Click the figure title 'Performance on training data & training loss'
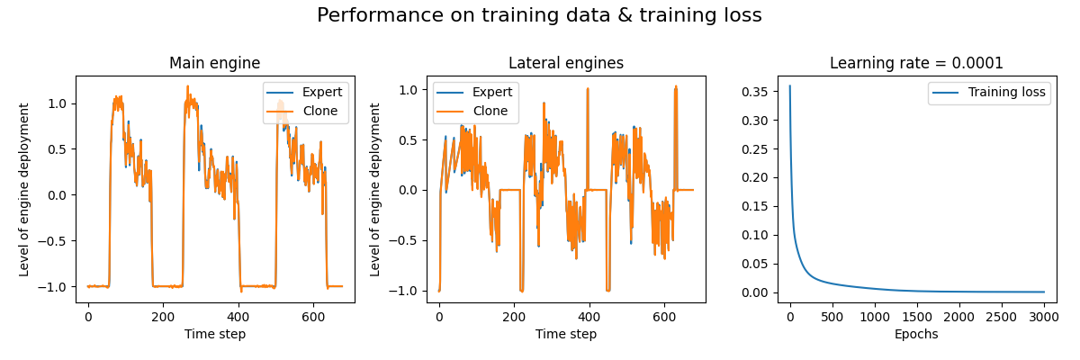pos(539,15)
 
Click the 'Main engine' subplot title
pos(215,63)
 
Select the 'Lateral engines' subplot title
pos(566,63)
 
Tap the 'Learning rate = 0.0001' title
pos(916,63)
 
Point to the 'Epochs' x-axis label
pos(916,334)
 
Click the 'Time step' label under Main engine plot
pos(215,334)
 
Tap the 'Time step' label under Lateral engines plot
pos(566,334)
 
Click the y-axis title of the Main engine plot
pos(24,189)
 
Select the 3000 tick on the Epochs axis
pos(1044,317)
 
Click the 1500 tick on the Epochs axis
pos(917,317)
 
